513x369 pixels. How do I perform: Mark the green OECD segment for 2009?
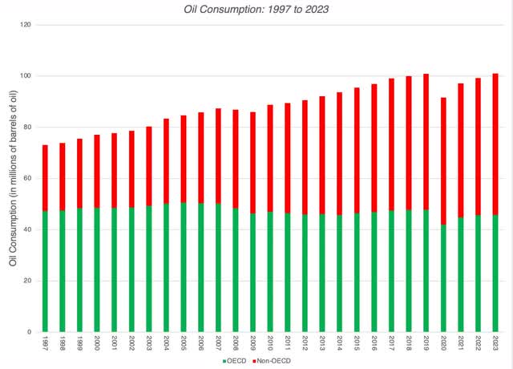tap(252, 272)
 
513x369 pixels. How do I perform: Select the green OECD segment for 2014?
tap(339, 273)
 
